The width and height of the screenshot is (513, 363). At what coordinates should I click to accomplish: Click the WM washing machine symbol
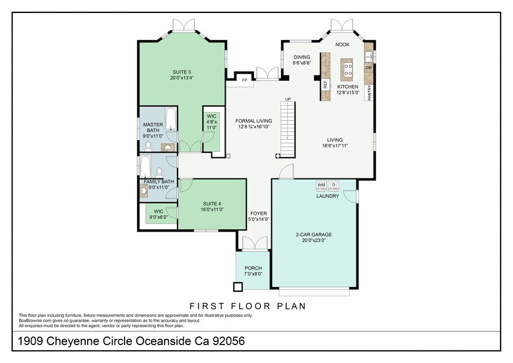[x=321, y=185]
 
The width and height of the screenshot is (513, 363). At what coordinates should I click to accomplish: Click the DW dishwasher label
[x=369, y=68]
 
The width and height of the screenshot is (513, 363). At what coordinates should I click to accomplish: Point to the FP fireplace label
[x=244, y=80]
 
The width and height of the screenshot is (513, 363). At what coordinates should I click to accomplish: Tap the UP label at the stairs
[x=287, y=99]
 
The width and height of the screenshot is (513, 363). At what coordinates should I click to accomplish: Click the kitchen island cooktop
[x=347, y=67]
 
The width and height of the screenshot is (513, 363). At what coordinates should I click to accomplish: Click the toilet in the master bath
[x=148, y=146]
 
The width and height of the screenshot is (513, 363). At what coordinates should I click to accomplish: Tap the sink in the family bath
[x=144, y=191]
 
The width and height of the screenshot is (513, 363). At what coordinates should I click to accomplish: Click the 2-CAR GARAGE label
[x=314, y=235]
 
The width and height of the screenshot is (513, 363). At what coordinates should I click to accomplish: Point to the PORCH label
[x=253, y=269]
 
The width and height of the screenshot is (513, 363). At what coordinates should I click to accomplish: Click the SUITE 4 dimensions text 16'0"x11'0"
[x=212, y=209]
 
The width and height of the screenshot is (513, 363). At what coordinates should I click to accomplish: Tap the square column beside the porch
[x=237, y=287]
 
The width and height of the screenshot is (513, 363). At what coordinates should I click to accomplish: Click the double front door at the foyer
[x=253, y=244]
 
